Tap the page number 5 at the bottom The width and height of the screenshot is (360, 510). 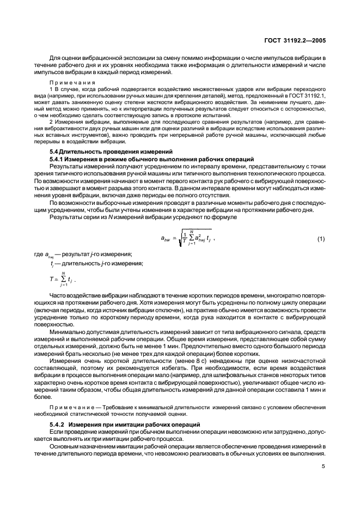coord(324,466)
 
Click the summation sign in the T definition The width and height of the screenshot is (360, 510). coord(65,281)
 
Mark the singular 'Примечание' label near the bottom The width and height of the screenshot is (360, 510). coord(71,407)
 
